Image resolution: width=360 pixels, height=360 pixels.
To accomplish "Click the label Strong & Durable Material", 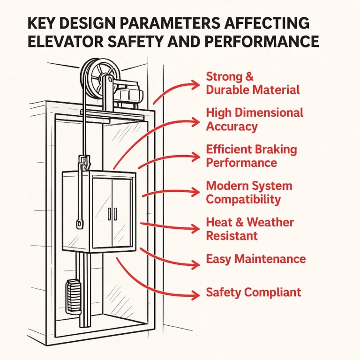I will pyautogui.click(x=253, y=83).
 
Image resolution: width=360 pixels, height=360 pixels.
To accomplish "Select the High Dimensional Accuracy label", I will pyautogui.click(x=255, y=120).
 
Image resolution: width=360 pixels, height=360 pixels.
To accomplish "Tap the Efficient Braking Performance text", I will pyautogui.click(x=251, y=156).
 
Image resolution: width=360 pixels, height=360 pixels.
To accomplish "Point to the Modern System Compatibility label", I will pyautogui.click(x=249, y=192).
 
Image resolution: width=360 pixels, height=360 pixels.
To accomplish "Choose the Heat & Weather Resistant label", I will pyautogui.click(x=250, y=228).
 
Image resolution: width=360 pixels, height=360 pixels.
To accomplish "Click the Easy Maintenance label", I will pyautogui.click(x=256, y=259).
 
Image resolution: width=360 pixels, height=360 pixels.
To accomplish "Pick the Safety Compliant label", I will pyautogui.click(x=253, y=293).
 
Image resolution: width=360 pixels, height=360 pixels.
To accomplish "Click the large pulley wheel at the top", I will pyautogui.click(x=98, y=77).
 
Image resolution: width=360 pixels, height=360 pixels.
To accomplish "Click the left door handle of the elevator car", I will pyautogui.click(x=109, y=213).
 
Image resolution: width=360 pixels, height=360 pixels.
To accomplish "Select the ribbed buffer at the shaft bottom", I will pyautogui.click(x=72, y=295).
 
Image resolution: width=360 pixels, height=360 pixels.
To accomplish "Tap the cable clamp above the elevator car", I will pyautogui.click(x=85, y=165).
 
